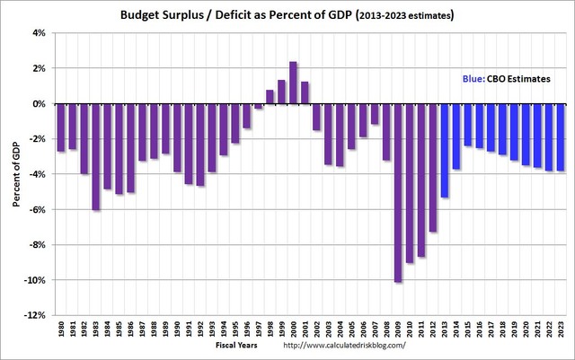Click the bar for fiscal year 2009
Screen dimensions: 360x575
coord(398,192)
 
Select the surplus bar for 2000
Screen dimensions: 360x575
coord(293,83)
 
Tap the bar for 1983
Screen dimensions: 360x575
coord(96,156)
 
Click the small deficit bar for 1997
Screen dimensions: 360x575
coord(258,106)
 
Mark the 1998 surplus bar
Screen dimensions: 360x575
coord(270,97)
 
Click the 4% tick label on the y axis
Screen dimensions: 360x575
coord(39,33)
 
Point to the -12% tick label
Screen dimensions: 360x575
coord(35,315)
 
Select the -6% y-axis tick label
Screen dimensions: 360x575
coord(37,209)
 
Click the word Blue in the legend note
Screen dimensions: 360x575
coord(473,79)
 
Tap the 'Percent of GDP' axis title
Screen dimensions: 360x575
coord(16,174)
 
